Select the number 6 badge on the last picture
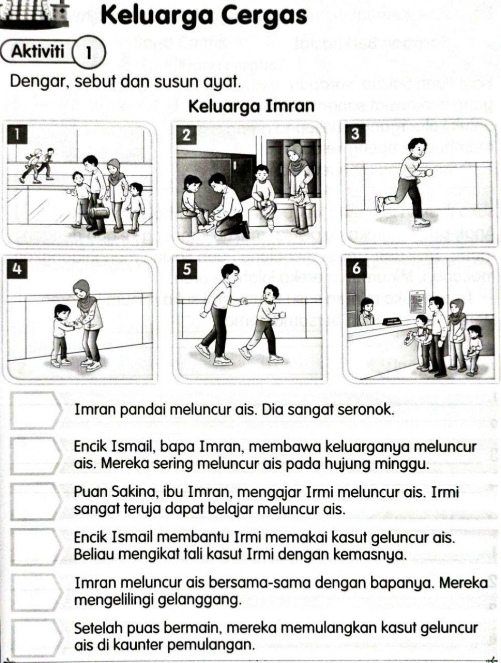pos(356,268)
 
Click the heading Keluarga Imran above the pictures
pos(252,106)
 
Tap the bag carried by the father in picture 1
pos(98,211)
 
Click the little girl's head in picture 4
pos(62,311)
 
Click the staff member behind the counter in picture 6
pos(367,311)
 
